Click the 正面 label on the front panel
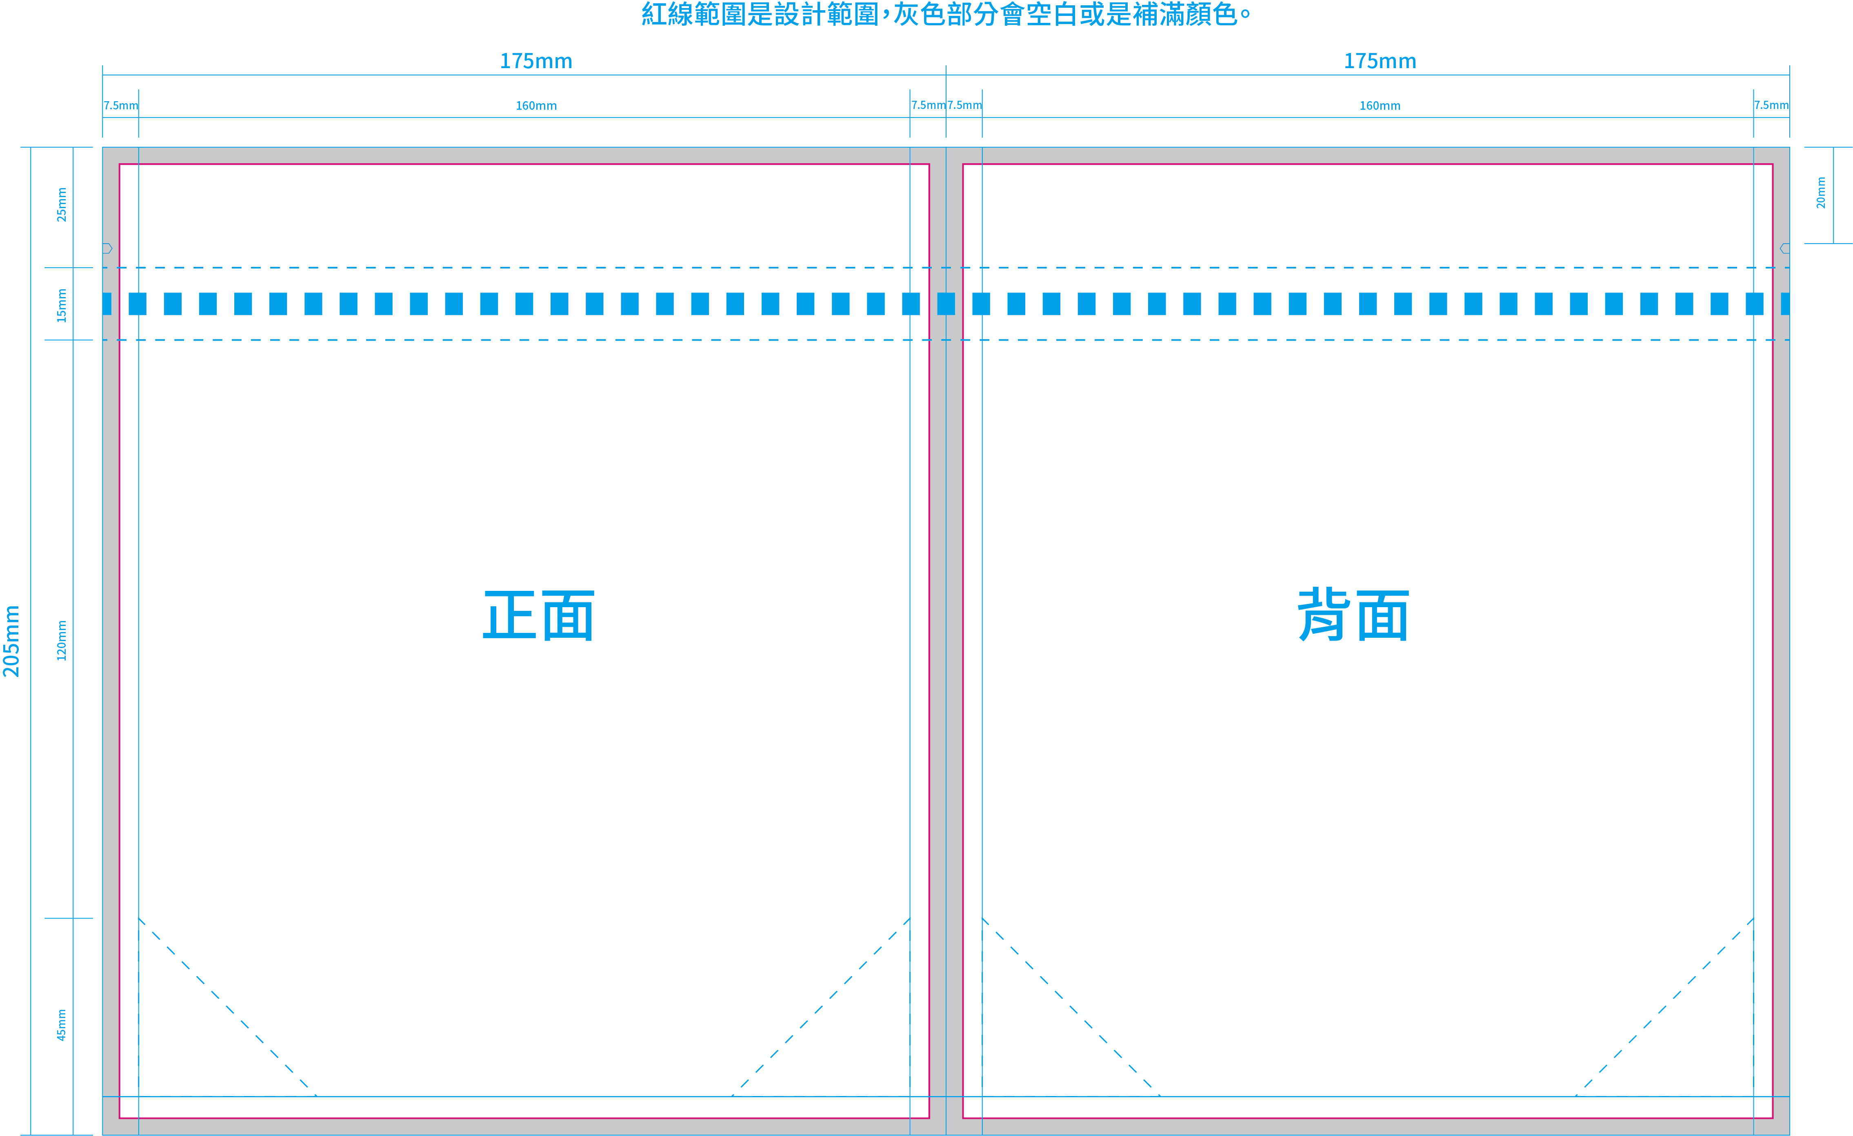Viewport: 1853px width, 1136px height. click(x=538, y=615)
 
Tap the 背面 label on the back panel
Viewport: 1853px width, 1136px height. click(x=1353, y=615)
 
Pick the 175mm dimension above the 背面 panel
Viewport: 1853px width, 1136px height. click(x=1380, y=61)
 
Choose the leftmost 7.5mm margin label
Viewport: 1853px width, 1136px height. click(x=120, y=105)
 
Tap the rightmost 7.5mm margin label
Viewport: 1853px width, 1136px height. click(x=1771, y=105)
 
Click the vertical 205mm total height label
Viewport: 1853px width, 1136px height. click(x=12, y=641)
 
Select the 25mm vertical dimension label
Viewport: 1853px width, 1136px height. click(x=62, y=204)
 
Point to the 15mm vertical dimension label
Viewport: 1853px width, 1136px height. click(x=62, y=305)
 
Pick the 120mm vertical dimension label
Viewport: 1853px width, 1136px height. click(x=62, y=641)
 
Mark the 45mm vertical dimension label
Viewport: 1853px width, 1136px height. click(x=62, y=1025)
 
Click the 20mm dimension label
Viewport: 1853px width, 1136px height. click(x=1821, y=193)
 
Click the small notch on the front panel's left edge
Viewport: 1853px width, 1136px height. click(x=107, y=248)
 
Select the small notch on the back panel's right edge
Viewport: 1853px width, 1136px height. click(x=1784, y=248)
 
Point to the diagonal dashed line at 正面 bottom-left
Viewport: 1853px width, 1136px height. click(x=227, y=1007)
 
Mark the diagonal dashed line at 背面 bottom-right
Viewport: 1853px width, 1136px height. click(x=1665, y=1007)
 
